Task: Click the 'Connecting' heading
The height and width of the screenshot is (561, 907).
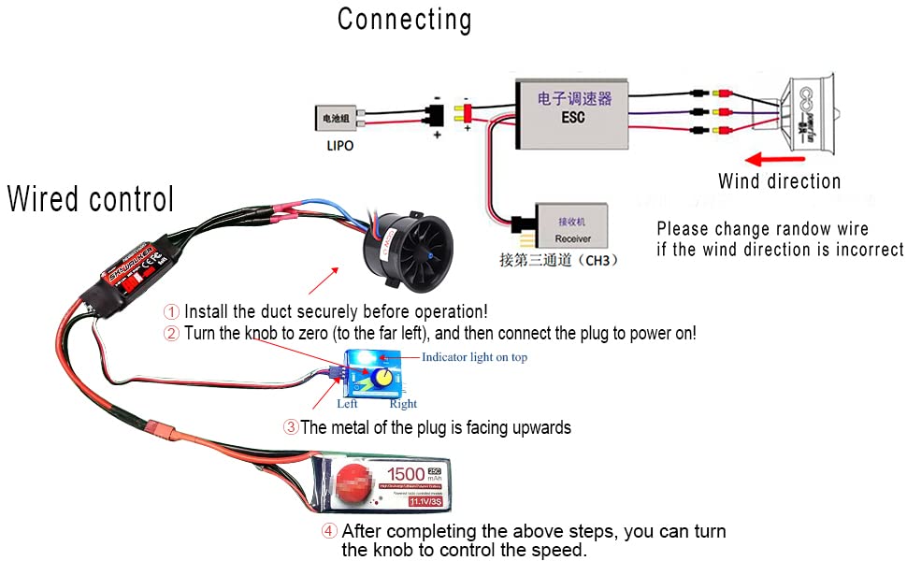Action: click(404, 20)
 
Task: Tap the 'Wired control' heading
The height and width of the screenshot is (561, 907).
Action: click(91, 199)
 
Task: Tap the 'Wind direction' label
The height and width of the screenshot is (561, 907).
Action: click(779, 181)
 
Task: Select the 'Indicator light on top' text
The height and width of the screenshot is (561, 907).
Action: click(474, 357)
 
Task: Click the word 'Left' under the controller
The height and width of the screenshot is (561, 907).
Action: click(347, 404)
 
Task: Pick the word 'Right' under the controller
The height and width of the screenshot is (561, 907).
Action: click(403, 404)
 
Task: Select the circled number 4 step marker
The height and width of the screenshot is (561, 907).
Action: click(329, 531)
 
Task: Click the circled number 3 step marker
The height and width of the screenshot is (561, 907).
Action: click(291, 427)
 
